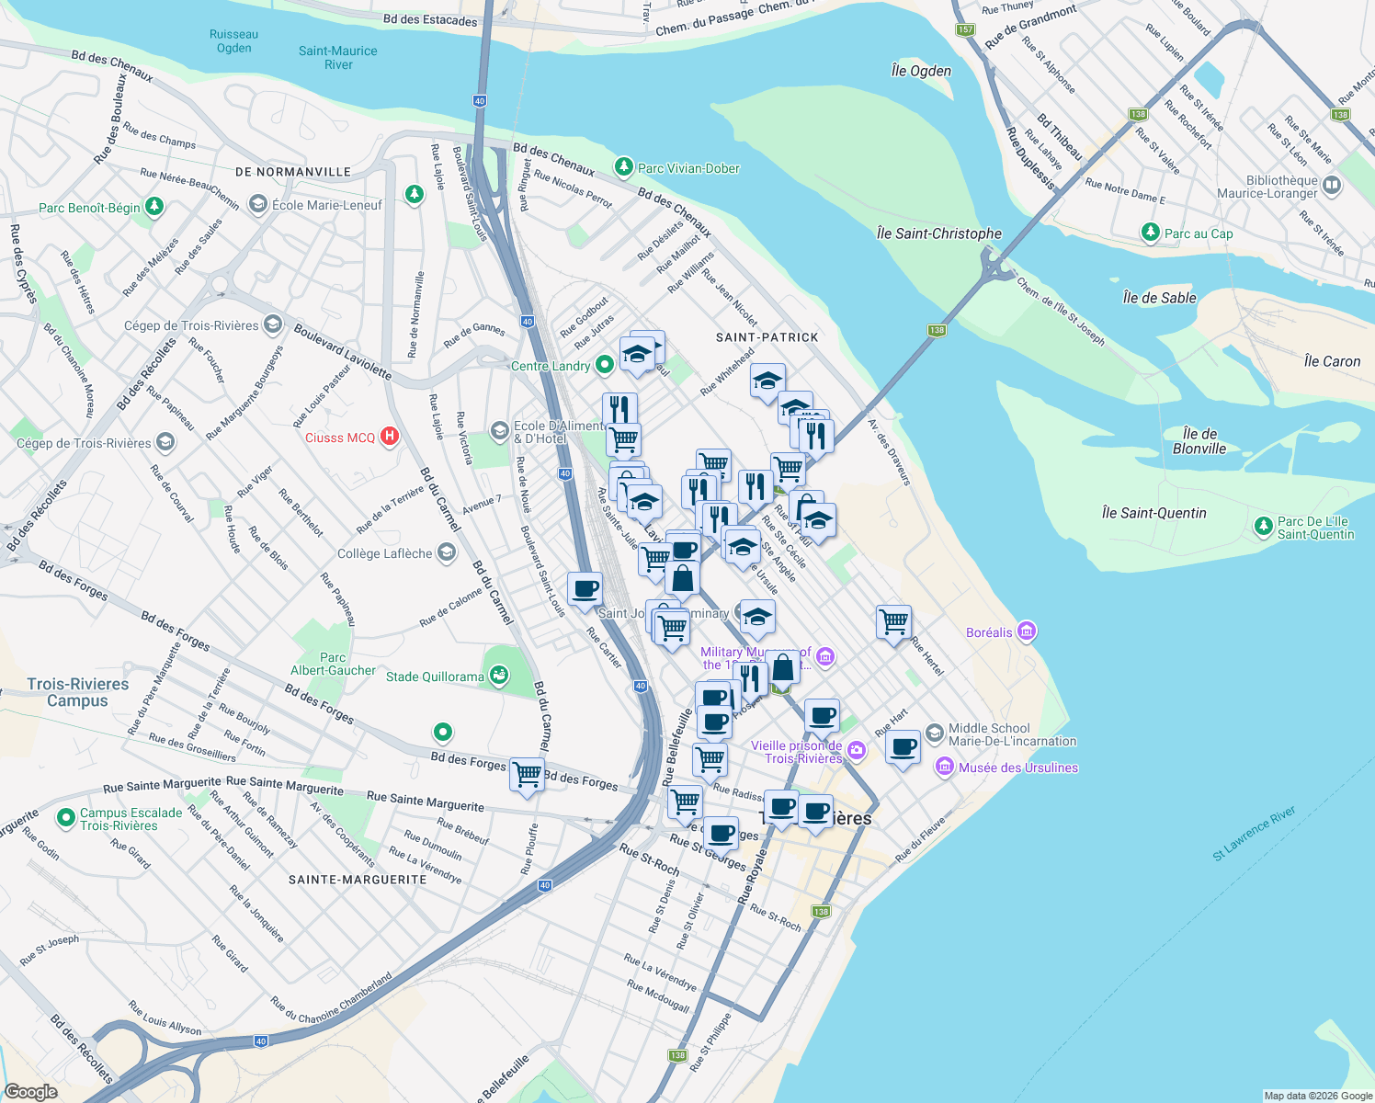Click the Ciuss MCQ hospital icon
pyautogui.click(x=390, y=437)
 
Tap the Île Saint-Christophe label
pyautogui.click(x=938, y=233)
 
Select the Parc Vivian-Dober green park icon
pyautogui.click(x=624, y=166)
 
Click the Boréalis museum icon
pyautogui.click(x=1027, y=631)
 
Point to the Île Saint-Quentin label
pyautogui.click(x=1153, y=513)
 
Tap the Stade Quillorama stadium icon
pyautogui.click(x=498, y=677)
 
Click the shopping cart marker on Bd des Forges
pyautogui.click(x=527, y=775)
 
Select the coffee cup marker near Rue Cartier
pyautogui.click(x=585, y=589)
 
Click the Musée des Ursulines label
pyautogui.click(x=1017, y=768)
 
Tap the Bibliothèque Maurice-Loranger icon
pyautogui.click(x=1332, y=186)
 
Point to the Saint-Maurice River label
pyautogui.click(x=337, y=58)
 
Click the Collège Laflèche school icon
pyautogui.click(x=447, y=552)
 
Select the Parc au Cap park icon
pyautogui.click(x=1151, y=233)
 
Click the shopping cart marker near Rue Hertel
pyautogui.click(x=893, y=622)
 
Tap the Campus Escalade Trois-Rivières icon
pyautogui.click(x=65, y=816)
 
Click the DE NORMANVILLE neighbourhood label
pyautogui.click(x=293, y=172)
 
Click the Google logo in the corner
pyautogui.click(x=30, y=1091)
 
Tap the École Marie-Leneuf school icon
pyautogui.click(x=258, y=204)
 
